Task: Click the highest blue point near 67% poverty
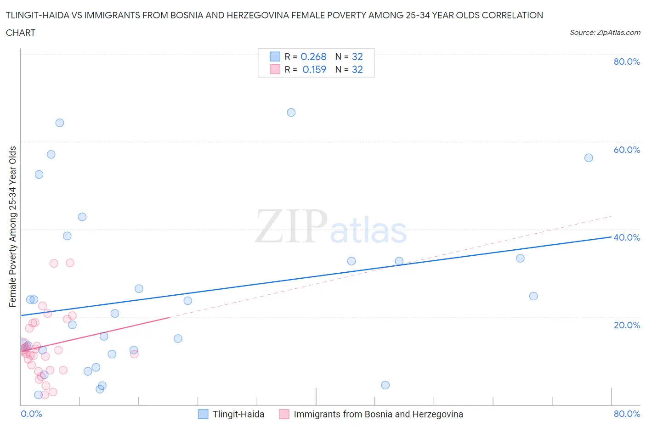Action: coord(291,112)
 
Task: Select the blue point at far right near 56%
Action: coord(589,158)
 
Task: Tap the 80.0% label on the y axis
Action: coord(627,62)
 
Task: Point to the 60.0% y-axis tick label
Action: coord(627,150)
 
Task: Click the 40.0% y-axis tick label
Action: coord(627,237)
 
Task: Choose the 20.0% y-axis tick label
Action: coord(627,325)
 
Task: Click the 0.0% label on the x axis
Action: coord(31,414)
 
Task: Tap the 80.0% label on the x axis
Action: coord(627,414)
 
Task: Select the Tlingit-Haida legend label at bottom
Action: coord(238,414)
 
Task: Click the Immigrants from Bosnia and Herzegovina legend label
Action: coord(378,414)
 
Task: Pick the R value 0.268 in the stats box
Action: coord(313,56)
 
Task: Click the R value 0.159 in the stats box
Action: coord(314,69)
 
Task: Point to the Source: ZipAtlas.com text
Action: coord(605,33)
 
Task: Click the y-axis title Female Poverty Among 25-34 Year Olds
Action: coord(13,226)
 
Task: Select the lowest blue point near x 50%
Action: coord(385,385)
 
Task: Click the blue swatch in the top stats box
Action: coord(275,56)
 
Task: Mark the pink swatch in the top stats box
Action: coord(275,69)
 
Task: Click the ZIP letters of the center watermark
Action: coord(291,226)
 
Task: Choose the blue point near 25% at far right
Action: coord(533,296)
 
